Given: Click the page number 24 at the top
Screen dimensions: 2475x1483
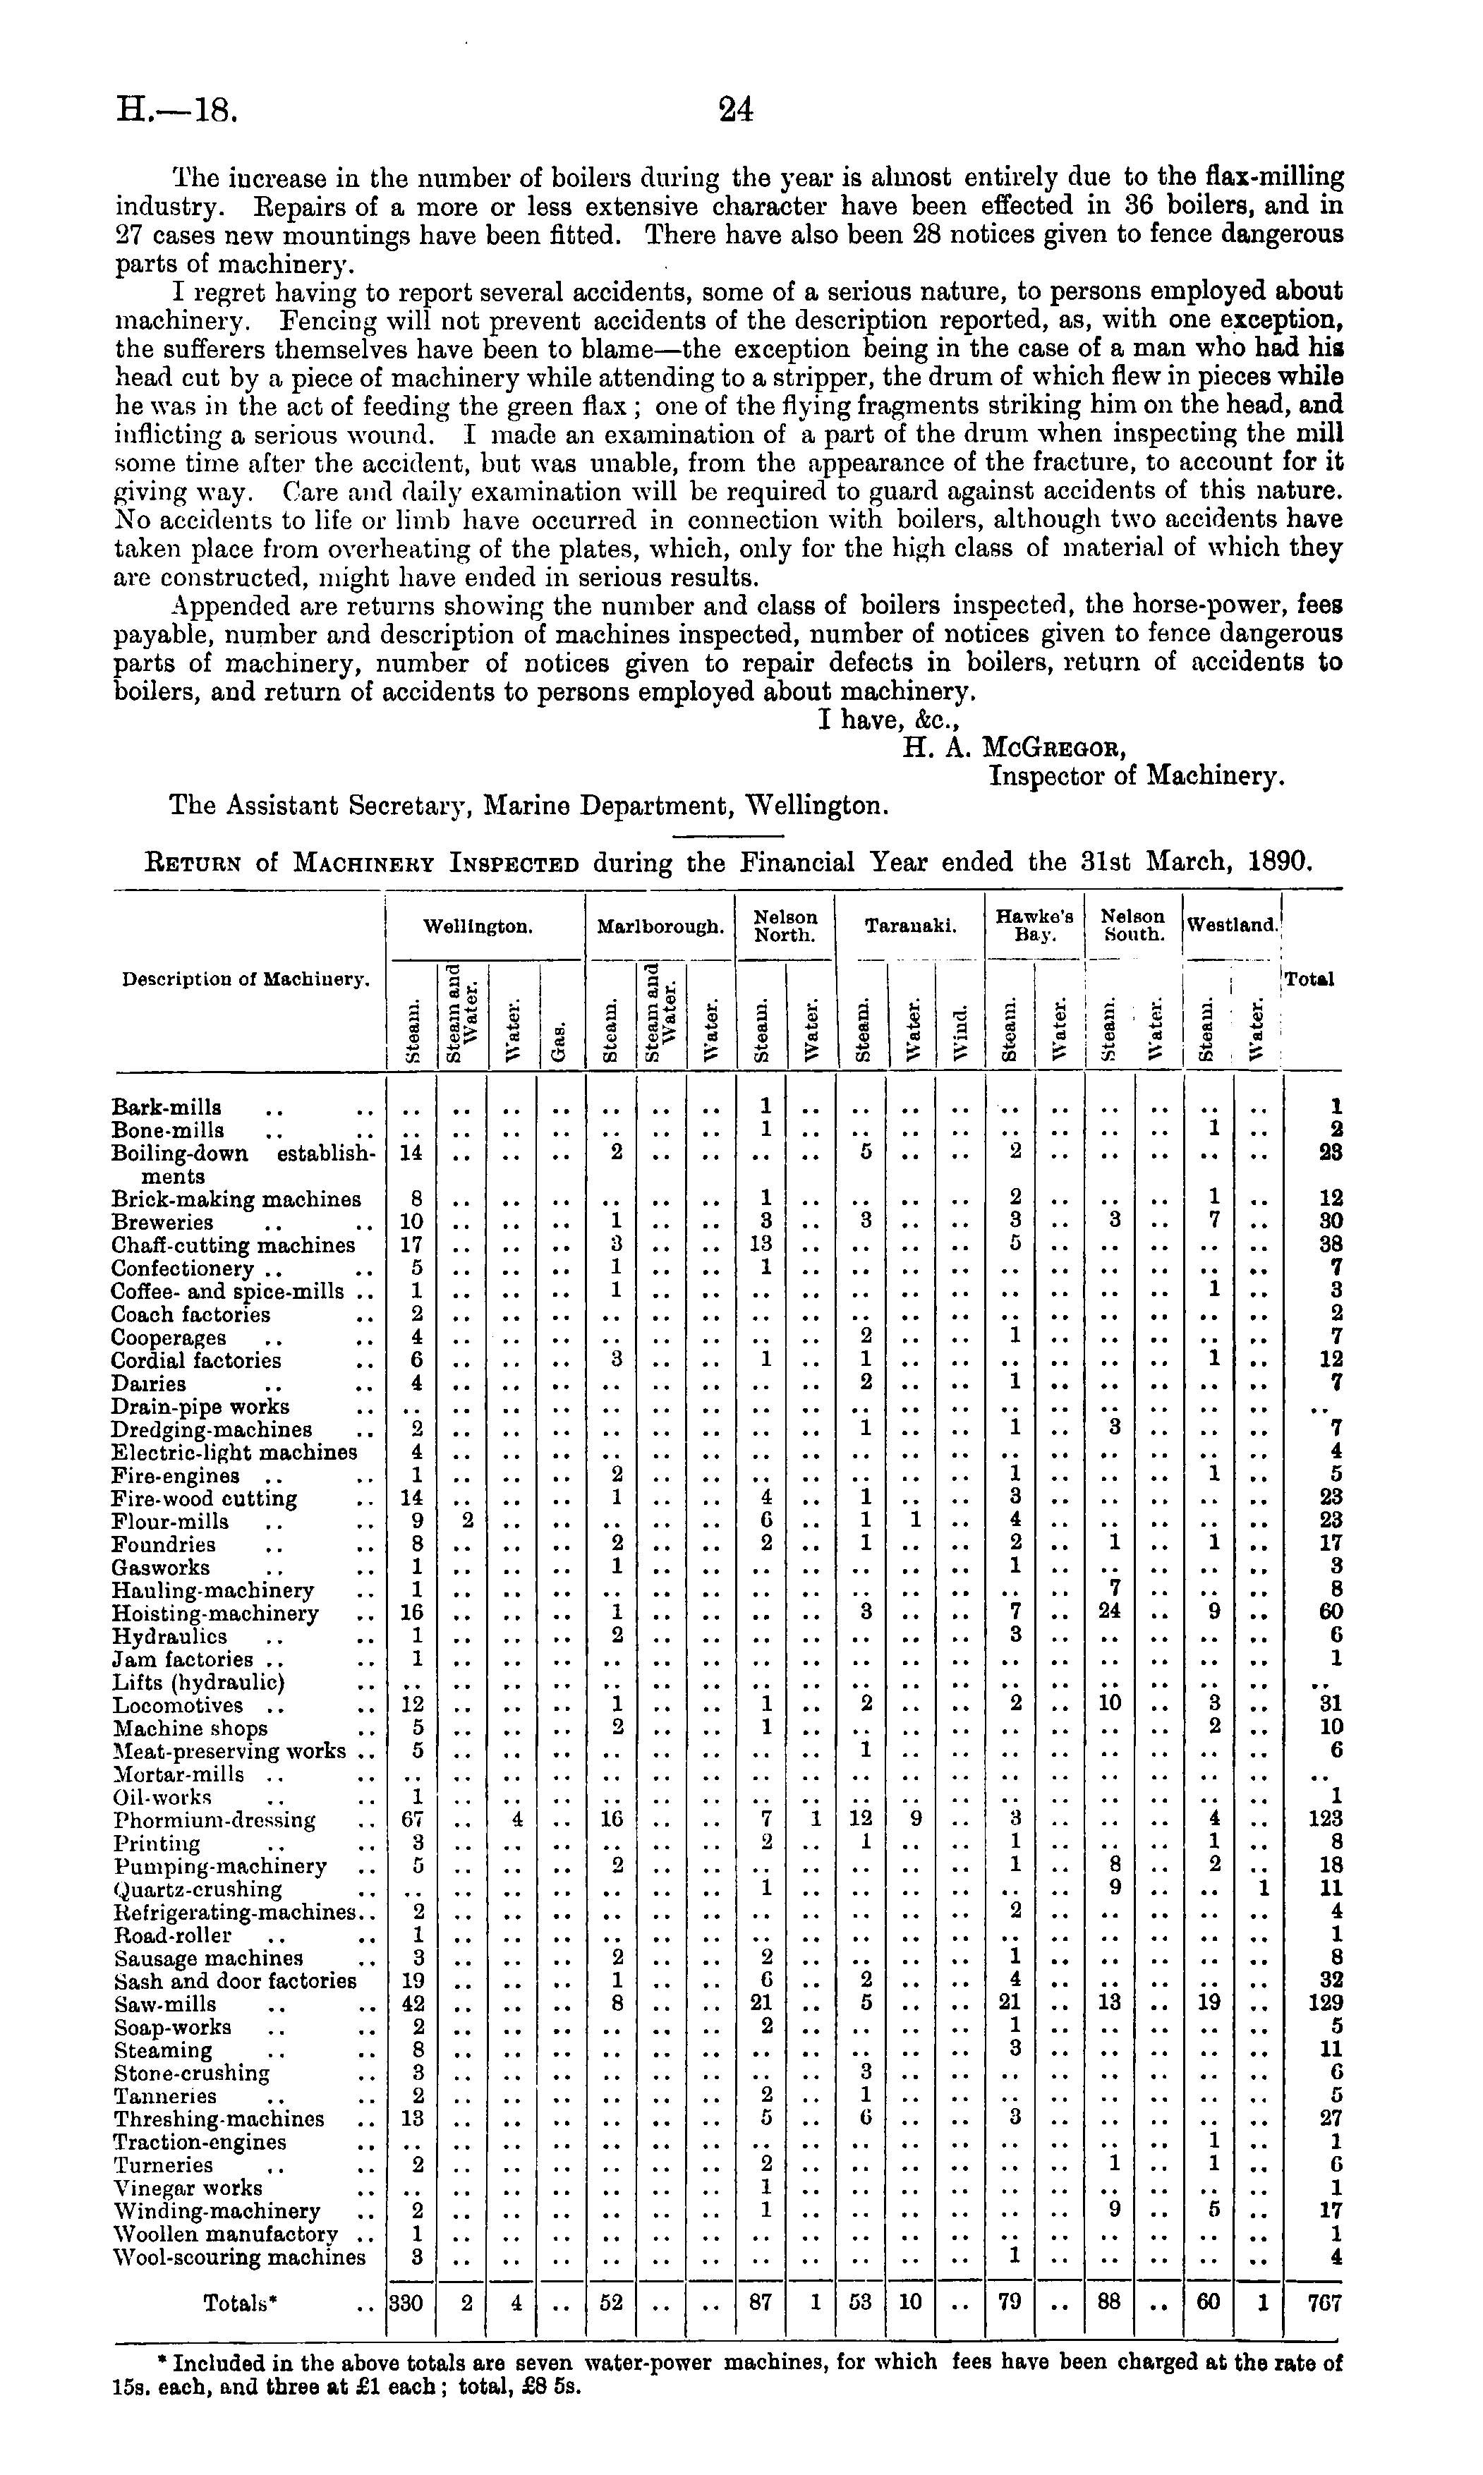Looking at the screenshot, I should (x=736, y=109).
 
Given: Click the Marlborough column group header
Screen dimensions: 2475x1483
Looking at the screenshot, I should (x=660, y=926).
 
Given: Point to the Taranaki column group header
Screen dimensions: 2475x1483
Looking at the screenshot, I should (x=910, y=926).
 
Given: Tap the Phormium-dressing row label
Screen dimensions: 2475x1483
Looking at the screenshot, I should (x=215, y=1820).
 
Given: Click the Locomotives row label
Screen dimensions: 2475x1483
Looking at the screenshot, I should (x=179, y=1705).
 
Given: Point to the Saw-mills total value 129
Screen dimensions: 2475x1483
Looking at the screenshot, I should (x=1325, y=2002).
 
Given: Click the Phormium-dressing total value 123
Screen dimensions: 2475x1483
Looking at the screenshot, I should (x=1325, y=1819).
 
